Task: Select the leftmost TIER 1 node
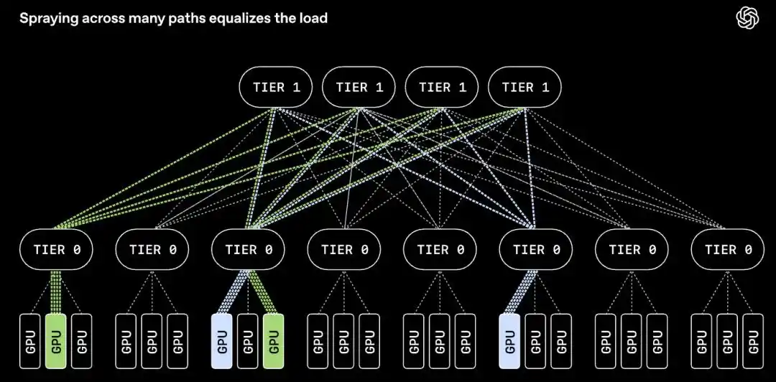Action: (276, 87)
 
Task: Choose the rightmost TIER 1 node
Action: (525, 87)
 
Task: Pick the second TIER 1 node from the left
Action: (359, 87)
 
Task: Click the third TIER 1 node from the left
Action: (442, 87)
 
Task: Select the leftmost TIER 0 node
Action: (57, 249)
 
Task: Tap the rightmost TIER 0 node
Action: (727, 249)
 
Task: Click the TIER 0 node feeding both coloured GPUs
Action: (248, 249)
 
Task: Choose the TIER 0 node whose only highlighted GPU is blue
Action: (536, 249)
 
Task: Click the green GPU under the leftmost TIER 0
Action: (56, 341)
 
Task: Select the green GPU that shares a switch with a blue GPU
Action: (273, 341)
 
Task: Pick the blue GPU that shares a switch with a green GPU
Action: (222, 341)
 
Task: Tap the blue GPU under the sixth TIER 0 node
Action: (509, 341)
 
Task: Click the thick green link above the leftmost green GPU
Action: (56, 292)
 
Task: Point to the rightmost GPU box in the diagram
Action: (753, 341)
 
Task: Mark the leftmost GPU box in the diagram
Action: (30, 341)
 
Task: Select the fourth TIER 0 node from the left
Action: (344, 249)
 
